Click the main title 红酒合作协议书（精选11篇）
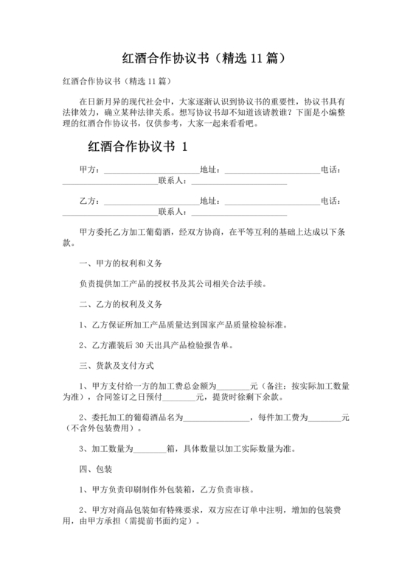pyautogui.click(x=206, y=56)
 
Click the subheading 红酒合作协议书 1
pyautogui.click(x=138, y=146)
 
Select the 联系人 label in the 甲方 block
pyautogui.click(x=174, y=181)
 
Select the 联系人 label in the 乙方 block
pyautogui.click(x=174, y=212)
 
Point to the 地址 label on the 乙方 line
pyautogui.click(x=210, y=201)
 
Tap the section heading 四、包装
pyautogui.click(x=95, y=468)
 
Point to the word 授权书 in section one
pyautogui.click(x=165, y=283)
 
